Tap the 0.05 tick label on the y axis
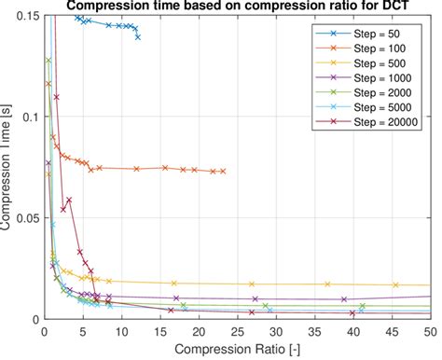click(x=27, y=217)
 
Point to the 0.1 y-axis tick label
click(x=30, y=118)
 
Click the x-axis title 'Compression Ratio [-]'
click(x=237, y=349)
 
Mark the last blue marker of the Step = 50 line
click(x=138, y=37)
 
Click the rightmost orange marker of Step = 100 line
click(x=224, y=171)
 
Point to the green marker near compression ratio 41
click(x=362, y=306)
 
